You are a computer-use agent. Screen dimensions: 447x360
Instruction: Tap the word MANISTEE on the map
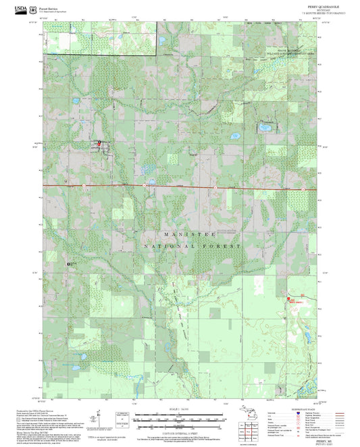click(x=190, y=234)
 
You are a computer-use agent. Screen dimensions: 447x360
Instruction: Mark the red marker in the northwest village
click(x=99, y=142)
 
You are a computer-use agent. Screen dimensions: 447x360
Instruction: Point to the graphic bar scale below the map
click(x=180, y=416)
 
